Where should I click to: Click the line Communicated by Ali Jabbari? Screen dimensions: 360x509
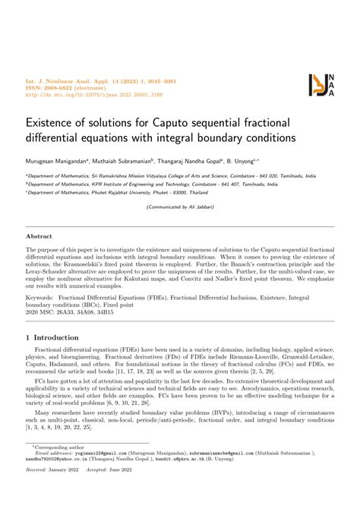(x=179, y=207)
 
